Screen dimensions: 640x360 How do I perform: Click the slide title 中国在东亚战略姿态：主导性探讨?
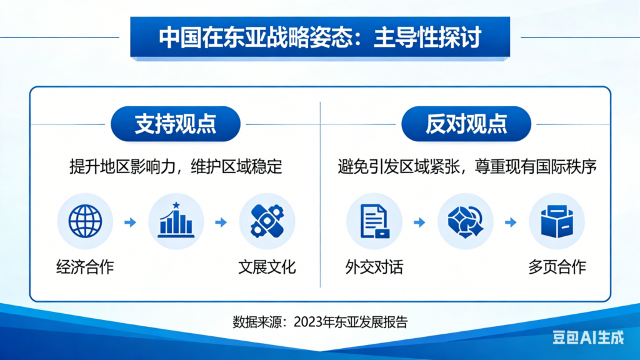(320, 37)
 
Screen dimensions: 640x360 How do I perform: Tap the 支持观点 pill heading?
(176, 124)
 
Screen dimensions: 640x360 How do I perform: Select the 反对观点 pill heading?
(466, 124)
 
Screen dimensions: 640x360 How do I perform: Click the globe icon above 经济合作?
(85, 221)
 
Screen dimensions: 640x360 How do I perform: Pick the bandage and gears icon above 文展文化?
(267, 221)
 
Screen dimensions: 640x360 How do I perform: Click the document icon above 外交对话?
(374, 221)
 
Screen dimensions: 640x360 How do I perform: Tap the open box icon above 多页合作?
(557, 221)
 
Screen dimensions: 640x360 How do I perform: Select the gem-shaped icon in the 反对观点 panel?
(465, 221)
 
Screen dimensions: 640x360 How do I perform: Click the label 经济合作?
(85, 267)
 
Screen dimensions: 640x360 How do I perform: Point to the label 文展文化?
(267, 267)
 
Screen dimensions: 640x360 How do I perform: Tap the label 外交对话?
(374, 267)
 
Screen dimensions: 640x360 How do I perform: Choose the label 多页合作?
(557, 267)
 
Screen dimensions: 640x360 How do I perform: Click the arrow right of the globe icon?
(130, 222)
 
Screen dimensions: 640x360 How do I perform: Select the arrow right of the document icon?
(419, 222)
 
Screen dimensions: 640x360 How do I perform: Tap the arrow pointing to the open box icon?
(511, 222)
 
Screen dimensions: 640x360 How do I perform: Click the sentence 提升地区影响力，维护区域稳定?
(176, 166)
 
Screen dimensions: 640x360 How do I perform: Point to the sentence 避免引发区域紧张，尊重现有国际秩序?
(467, 166)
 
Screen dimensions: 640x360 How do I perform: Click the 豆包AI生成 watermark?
(588, 337)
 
